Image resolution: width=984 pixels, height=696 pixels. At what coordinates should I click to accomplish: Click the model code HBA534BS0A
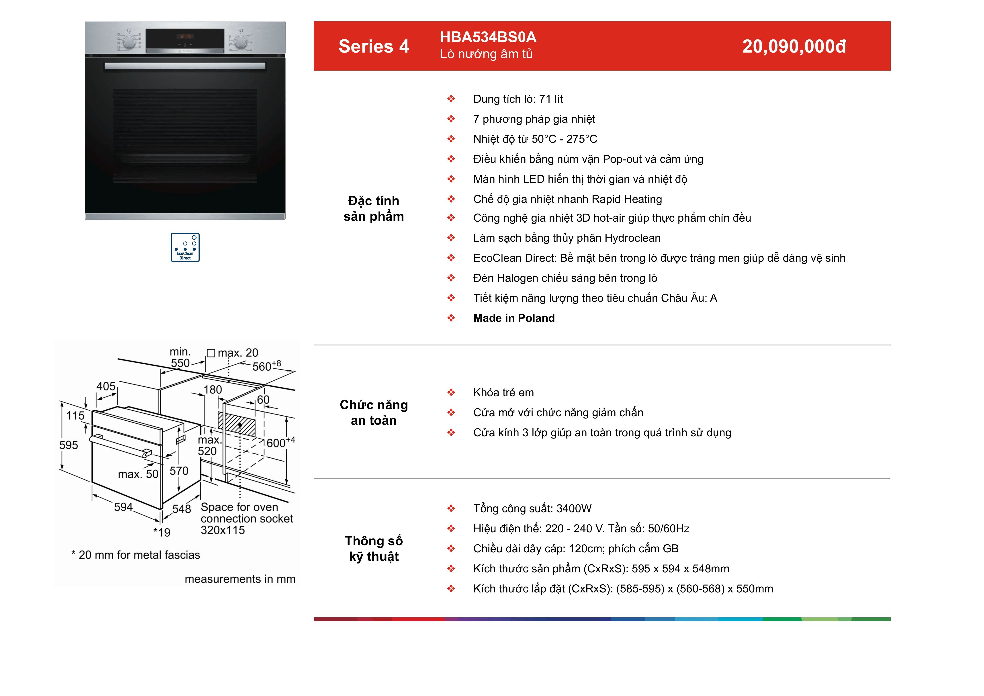point(488,37)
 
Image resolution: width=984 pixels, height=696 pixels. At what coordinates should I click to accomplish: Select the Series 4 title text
point(374,46)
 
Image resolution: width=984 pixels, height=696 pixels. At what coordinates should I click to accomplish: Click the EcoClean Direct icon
point(185,247)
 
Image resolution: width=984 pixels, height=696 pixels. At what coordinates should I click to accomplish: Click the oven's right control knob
point(240,42)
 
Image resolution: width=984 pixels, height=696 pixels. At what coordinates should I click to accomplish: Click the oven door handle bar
point(185,66)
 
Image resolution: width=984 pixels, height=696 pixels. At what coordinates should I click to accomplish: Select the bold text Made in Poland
point(514,318)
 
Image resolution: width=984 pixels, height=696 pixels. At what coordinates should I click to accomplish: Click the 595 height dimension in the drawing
point(69,445)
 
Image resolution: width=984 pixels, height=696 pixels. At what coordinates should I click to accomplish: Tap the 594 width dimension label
point(123,507)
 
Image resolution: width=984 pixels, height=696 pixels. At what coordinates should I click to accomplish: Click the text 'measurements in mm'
point(240,579)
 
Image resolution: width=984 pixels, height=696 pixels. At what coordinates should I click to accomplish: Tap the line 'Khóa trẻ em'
point(503,393)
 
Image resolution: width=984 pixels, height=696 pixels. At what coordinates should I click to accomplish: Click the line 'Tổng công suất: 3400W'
point(532,509)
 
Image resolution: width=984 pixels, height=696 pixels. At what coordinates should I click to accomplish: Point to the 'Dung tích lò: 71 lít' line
point(518,99)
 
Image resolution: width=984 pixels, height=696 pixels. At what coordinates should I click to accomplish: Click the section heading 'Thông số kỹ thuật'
point(374,549)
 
